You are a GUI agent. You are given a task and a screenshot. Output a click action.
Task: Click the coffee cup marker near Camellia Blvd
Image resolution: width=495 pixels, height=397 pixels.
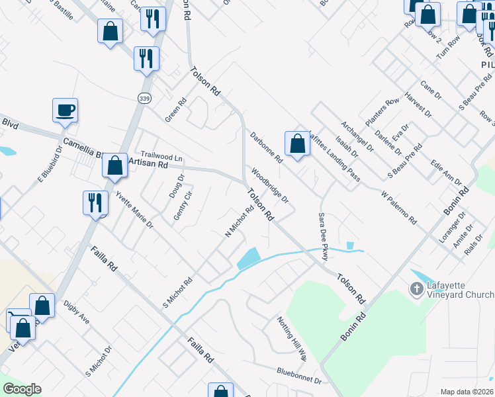[x=65, y=110]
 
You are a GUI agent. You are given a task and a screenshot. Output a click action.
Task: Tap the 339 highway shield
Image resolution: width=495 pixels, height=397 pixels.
[x=144, y=98]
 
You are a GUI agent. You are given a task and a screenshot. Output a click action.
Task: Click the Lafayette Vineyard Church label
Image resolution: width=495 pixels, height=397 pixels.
[x=460, y=290]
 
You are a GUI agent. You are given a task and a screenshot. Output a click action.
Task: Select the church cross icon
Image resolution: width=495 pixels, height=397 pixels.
[x=416, y=289]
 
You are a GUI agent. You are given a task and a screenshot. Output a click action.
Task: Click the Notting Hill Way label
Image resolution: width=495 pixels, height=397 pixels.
[x=292, y=337]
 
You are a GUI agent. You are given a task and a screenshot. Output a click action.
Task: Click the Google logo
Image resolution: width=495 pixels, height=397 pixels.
[x=22, y=390]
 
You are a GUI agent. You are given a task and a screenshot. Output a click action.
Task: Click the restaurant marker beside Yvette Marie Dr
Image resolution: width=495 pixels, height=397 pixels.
[x=95, y=202]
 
